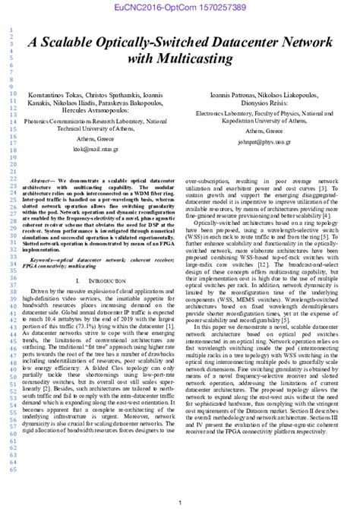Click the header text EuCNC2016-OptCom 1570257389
[179, 7]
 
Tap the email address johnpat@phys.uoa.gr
[259, 140]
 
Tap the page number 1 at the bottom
[179, 502]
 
